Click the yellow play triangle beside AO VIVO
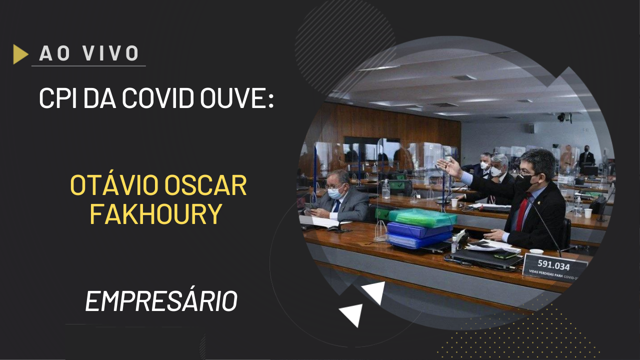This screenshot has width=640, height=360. click(x=20, y=54)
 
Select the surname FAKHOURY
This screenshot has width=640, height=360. click(x=155, y=214)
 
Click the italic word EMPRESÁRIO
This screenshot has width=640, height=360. click(x=161, y=301)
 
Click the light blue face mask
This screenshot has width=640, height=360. click(x=334, y=193)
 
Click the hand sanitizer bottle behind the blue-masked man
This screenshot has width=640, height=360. click(x=385, y=188)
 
